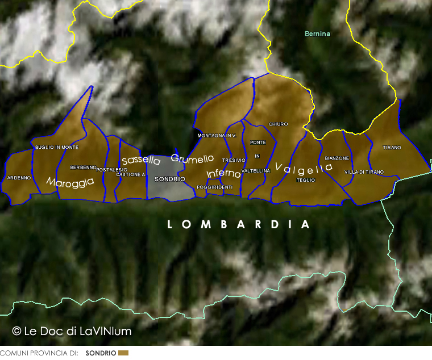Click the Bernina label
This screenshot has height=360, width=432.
coord(317,34)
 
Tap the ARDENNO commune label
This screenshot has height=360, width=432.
coord(19,178)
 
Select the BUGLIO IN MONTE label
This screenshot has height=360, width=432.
coord(57,147)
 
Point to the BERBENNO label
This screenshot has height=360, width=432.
coord(84,168)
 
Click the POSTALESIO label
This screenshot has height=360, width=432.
coord(112,170)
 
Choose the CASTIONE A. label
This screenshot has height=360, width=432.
coord(130,174)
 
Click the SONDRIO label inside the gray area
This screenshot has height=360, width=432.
coord(169,179)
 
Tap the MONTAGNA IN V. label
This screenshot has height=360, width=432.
coord(217,136)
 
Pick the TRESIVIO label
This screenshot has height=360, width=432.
coord(234,160)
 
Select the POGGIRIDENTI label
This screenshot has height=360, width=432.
coord(214,187)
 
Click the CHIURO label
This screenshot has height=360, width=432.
coord(279,124)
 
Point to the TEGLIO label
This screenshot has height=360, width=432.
coord(305,180)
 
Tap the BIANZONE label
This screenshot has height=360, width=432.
coord(337,158)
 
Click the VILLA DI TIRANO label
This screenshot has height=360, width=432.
coord(364,171)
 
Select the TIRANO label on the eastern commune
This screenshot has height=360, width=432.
coord(392,148)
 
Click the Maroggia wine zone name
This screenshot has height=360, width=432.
coord(70,182)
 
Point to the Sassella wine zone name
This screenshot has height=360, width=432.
coord(141,161)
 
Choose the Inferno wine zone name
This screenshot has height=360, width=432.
coord(223,174)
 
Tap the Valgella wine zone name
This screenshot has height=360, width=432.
coord(304,168)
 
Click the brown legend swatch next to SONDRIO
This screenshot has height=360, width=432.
coord(123,353)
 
